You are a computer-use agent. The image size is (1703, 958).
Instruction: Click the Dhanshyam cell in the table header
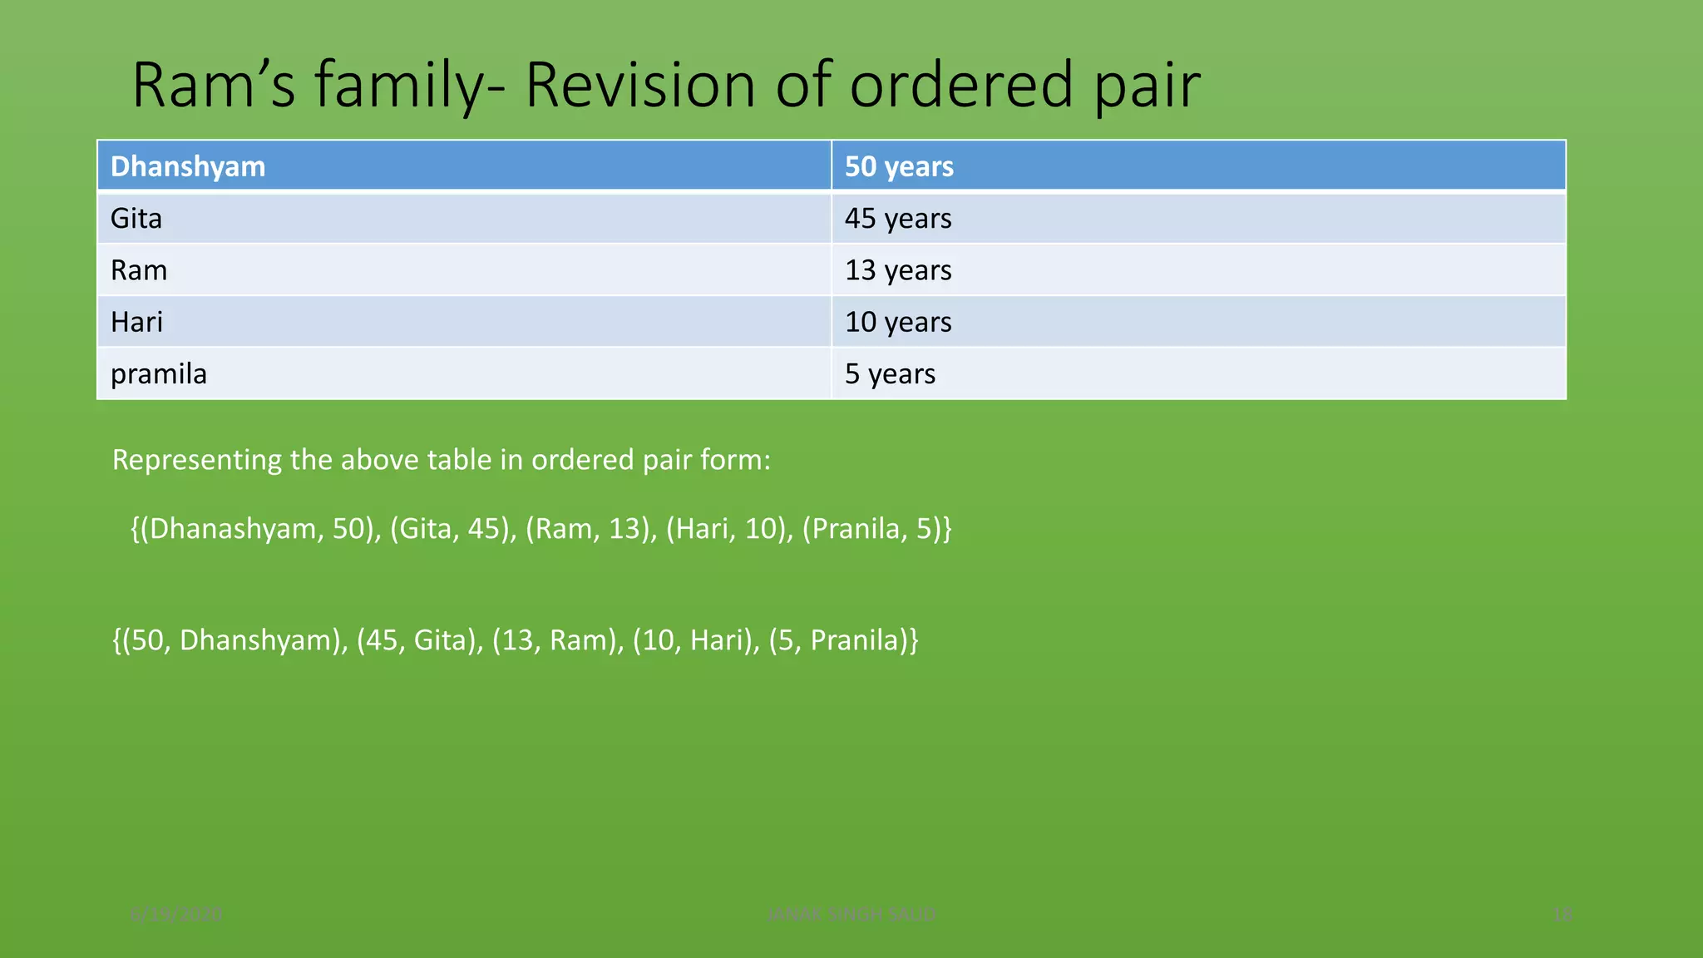pyautogui.click(x=188, y=166)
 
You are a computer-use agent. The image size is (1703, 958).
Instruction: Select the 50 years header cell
pyautogui.click(x=899, y=166)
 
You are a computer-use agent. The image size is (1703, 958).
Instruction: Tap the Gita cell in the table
pyautogui.click(x=136, y=219)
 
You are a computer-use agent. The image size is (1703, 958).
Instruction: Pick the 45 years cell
pyautogui.click(x=898, y=219)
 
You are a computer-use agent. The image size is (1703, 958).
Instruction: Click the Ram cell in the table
pyautogui.click(x=139, y=270)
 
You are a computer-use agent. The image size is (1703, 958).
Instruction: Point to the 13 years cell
pyautogui.click(x=898, y=270)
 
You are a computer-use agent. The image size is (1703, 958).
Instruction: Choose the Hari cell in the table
pyautogui.click(x=137, y=322)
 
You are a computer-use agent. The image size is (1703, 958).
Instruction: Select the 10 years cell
pyautogui.click(x=898, y=322)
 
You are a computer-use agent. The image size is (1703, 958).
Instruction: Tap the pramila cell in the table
pyautogui.click(x=159, y=374)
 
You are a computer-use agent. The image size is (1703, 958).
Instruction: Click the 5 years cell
pyautogui.click(x=890, y=374)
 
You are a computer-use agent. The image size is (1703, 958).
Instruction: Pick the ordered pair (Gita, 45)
pyautogui.click(x=452, y=529)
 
